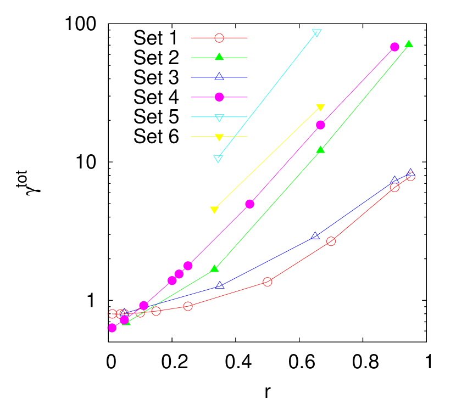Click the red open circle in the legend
[x=219, y=38]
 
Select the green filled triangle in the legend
[x=219, y=57]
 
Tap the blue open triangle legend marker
[x=219, y=77]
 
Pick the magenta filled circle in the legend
[x=219, y=97]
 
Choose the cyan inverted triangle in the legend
[x=219, y=117]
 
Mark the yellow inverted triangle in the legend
[x=219, y=137]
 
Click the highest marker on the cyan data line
[x=316, y=33]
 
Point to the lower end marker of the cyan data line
[x=218, y=159]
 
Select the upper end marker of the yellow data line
[x=320, y=108]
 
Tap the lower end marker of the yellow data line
[x=214, y=210]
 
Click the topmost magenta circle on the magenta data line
[x=394, y=47]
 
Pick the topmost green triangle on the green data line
[x=409, y=44]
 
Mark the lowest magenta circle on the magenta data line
[x=112, y=328]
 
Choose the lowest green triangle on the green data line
[x=126, y=322]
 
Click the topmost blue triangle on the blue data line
[x=410, y=173]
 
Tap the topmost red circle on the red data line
[x=410, y=176]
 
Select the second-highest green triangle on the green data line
[x=320, y=150]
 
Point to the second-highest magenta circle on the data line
[x=320, y=125]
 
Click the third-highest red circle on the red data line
[x=331, y=241]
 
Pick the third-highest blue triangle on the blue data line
[x=315, y=236]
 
